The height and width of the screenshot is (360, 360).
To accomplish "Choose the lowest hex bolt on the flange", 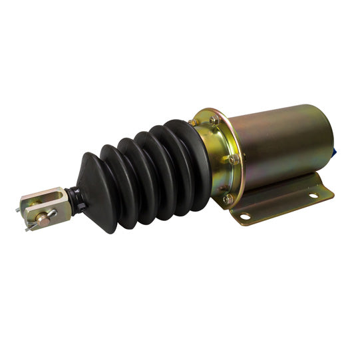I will [x=228, y=198].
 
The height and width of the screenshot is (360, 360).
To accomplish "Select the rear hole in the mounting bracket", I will [x=309, y=196].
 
